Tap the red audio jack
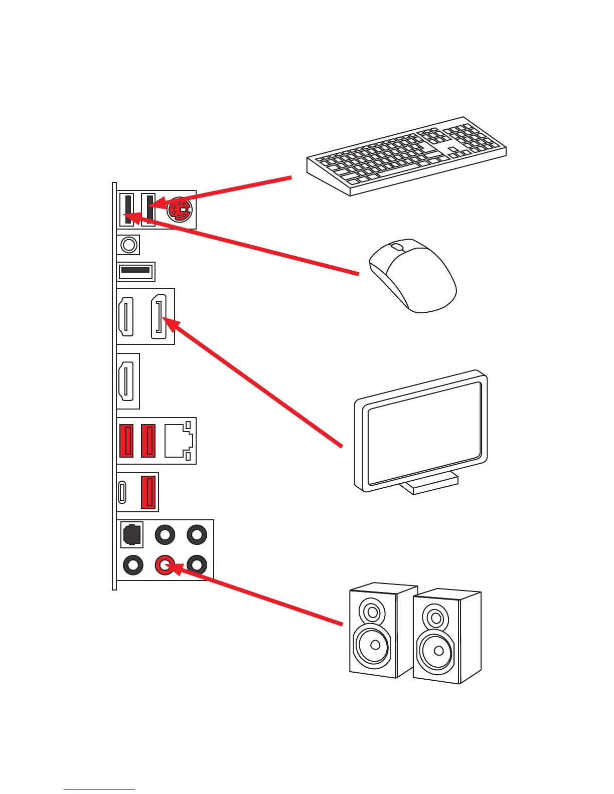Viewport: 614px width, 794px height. pos(165,565)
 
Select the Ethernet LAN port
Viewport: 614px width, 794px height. pos(178,440)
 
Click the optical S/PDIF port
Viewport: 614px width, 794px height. pos(132,535)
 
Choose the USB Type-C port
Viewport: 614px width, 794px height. pos(122,492)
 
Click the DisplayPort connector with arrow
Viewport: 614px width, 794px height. pos(159,316)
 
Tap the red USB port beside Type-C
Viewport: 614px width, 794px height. pos(148,492)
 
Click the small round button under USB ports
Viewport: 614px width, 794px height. pos(129,245)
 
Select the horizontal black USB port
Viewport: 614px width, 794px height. pos(135,271)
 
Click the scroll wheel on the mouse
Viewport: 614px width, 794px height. pos(397,247)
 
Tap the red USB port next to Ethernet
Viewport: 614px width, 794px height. pos(148,440)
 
